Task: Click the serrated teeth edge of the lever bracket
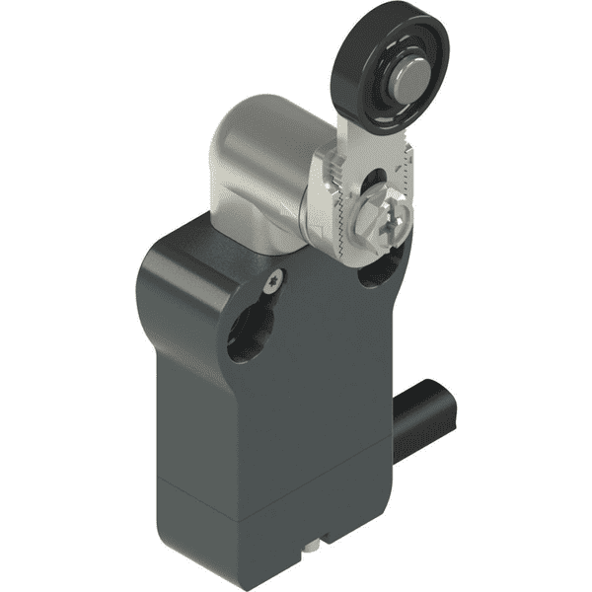[333, 212]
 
